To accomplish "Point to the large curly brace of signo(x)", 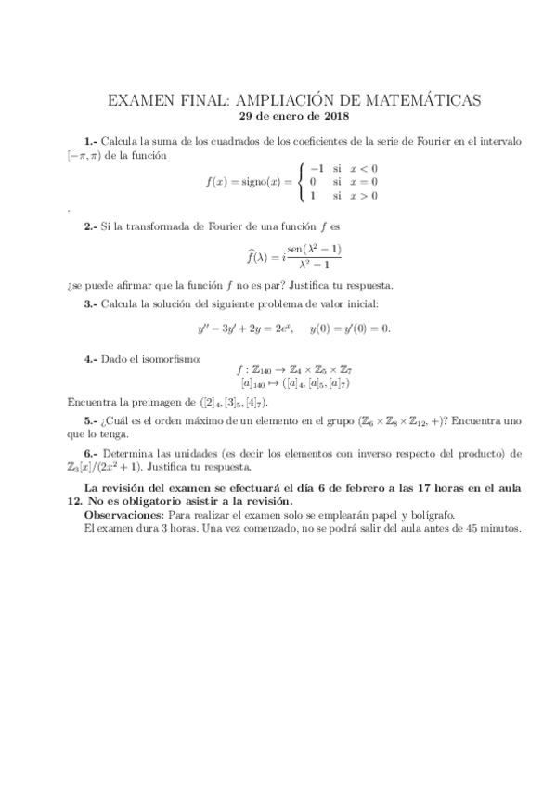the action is point(302,181).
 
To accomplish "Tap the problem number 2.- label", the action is point(92,226).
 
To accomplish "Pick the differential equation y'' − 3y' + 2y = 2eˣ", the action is point(249,329).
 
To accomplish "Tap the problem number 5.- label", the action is point(92,420).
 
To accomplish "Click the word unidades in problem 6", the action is point(195,454).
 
